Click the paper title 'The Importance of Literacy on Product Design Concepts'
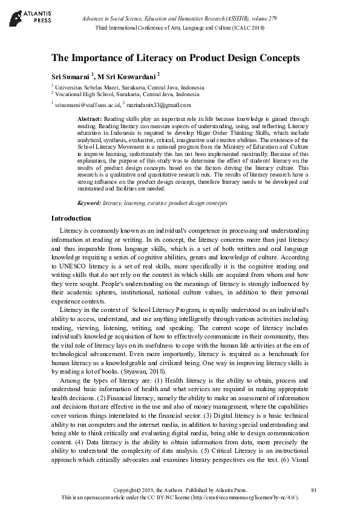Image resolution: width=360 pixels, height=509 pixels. click(175, 58)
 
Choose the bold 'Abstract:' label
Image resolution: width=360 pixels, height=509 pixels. click(91, 119)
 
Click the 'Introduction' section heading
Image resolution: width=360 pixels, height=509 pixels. click(71, 218)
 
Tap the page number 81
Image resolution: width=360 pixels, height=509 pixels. click(313, 488)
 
